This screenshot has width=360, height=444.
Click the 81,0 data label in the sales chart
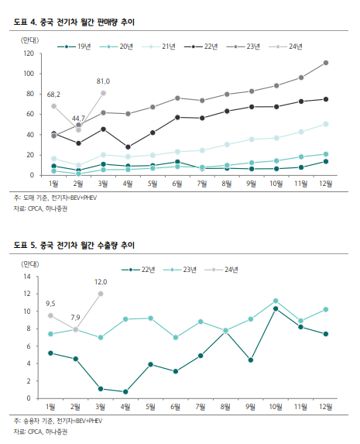[103, 81]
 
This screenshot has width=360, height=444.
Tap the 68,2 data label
[53, 95]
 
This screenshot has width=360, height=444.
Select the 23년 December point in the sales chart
[326, 63]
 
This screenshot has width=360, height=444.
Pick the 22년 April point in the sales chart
[128, 147]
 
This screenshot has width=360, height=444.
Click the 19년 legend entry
[74, 46]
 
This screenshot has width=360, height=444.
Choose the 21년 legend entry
[159, 46]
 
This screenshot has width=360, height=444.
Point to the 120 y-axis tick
[29, 53]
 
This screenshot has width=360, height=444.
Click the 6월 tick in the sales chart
[177, 184]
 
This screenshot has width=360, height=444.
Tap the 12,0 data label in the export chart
[101, 282]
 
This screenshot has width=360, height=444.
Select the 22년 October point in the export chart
[276, 308]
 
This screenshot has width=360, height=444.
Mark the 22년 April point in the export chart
[125, 392]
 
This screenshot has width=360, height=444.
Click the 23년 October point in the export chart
[276, 301]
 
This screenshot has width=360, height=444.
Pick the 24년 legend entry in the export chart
[221, 270]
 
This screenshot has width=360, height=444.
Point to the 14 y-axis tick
[27, 277]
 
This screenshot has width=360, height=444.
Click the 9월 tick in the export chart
[251, 407]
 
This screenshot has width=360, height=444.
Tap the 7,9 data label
[75, 318]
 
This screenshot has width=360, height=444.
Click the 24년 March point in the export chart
[101, 294]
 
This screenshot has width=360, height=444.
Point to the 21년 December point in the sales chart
[326, 124]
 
